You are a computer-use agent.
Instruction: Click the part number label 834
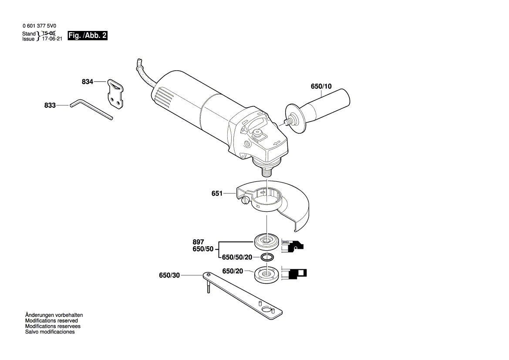coord(88,82)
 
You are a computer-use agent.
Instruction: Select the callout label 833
coord(50,105)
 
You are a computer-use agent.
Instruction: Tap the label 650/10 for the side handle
coord(321,86)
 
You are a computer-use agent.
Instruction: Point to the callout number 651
coord(217,194)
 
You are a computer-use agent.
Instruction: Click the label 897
coord(198,242)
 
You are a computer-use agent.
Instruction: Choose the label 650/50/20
coord(237,257)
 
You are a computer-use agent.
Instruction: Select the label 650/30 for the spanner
coord(169,275)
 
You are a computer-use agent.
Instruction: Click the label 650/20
coord(233,271)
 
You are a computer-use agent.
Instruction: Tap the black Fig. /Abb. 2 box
coord(88,36)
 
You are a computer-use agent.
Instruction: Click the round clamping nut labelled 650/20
coord(266,275)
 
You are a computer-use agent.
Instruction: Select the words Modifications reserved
coord(51,320)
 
